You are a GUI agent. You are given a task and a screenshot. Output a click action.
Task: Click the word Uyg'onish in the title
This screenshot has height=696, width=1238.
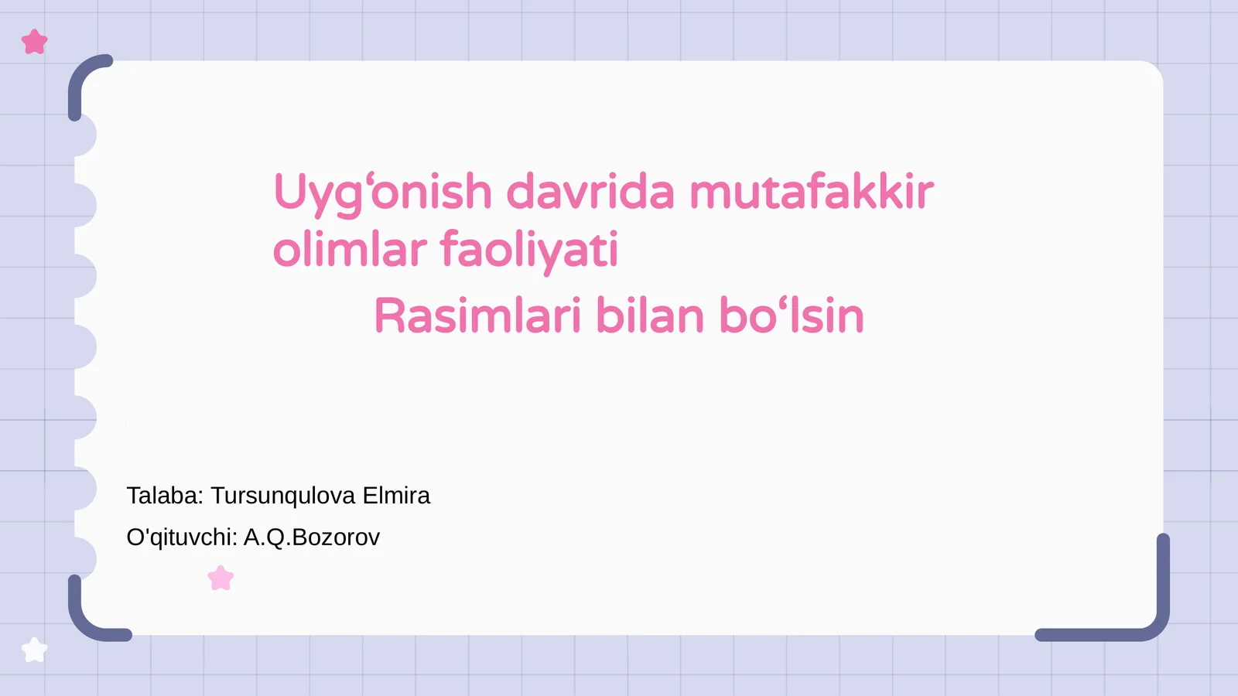pos(383,193)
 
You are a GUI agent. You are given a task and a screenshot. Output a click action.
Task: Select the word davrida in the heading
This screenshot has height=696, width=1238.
pos(590,192)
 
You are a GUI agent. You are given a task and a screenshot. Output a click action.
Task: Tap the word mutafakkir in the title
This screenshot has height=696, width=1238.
pos(811,192)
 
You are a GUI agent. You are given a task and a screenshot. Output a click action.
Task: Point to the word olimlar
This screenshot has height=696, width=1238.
pos(350,250)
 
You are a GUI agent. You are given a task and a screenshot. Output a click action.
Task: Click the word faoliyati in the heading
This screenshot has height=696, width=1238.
pos(529,250)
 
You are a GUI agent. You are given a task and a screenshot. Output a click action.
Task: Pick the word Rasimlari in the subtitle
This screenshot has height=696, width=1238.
pos(477,316)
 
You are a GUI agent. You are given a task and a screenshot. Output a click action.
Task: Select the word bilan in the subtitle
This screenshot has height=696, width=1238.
pos(650,316)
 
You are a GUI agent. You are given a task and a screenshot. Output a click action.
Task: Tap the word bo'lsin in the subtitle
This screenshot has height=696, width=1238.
pos(791,316)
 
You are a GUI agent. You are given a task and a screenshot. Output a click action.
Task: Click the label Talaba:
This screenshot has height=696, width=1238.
pos(165,496)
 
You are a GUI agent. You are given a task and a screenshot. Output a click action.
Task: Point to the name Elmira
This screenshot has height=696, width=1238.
pos(396,496)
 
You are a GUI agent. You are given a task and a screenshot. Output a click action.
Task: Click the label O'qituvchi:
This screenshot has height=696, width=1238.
pos(182,537)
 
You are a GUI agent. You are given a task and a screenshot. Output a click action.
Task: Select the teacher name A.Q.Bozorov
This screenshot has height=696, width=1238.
pos(312,537)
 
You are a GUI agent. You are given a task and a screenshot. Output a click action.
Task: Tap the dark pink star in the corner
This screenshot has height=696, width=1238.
pos(35,42)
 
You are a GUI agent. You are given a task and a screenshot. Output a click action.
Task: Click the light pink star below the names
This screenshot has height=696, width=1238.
pos(221,578)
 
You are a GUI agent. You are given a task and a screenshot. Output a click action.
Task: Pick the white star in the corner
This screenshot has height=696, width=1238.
pos(35,650)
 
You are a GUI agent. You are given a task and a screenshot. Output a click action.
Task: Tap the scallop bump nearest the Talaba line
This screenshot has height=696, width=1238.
pos(85,489)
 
